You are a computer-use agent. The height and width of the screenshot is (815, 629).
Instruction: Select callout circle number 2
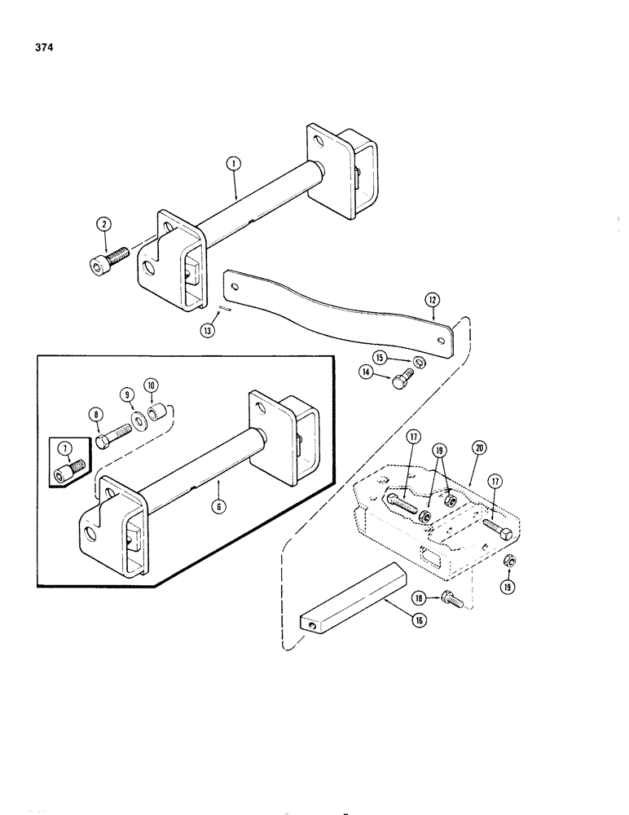[x=104, y=223]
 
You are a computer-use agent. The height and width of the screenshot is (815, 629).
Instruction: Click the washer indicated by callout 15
[x=417, y=361]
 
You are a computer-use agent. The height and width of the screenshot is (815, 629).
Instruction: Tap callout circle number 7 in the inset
[x=62, y=447]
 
